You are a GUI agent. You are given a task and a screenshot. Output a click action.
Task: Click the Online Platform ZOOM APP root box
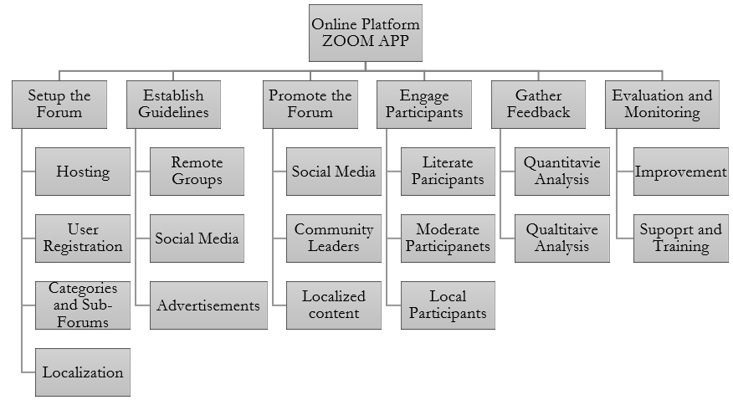point(366,33)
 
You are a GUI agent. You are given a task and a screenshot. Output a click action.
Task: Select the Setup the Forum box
point(59,104)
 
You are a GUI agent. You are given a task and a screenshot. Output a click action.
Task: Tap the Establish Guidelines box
point(174,104)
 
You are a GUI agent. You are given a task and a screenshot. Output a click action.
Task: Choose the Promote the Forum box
point(310,104)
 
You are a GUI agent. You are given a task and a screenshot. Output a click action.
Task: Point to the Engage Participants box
point(424,104)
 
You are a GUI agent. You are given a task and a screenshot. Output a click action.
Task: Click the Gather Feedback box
point(538,104)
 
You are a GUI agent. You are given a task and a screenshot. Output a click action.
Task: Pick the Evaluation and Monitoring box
point(662,104)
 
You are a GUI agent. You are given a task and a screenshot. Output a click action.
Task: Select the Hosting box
point(83,172)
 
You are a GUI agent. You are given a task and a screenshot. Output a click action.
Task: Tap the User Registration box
point(83,238)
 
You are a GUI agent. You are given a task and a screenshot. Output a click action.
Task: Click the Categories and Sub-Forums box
point(83,305)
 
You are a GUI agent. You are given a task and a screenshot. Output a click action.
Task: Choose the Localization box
point(83,372)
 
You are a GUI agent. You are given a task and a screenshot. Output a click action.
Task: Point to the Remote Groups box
point(197,172)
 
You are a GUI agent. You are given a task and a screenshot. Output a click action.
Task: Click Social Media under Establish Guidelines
point(197,238)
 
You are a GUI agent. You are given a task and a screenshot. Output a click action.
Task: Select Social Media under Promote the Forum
point(333,172)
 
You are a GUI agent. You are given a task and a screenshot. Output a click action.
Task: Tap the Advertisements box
point(208,305)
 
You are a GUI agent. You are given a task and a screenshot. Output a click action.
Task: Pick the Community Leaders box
point(333,238)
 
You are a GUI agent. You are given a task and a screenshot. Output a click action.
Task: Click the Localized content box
point(333,305)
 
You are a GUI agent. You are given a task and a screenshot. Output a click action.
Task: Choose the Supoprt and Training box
point(680,238)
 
